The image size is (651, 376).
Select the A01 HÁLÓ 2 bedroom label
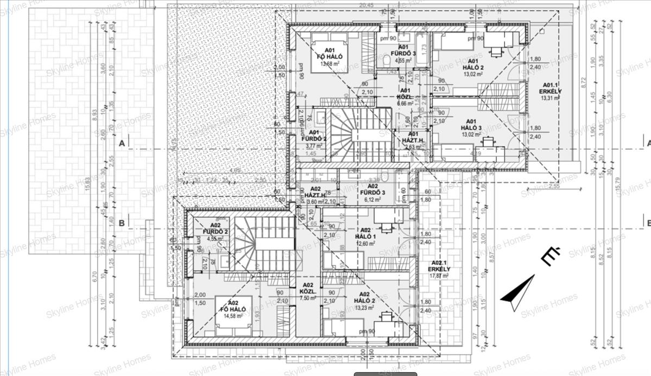point(473,64)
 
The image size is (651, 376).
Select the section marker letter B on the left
point(122,222)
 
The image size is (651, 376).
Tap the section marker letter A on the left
point(122,143)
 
